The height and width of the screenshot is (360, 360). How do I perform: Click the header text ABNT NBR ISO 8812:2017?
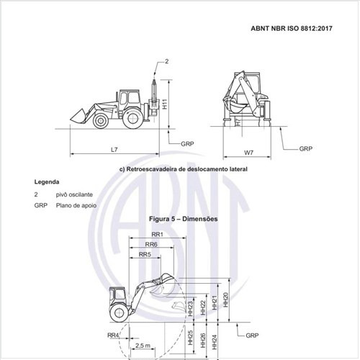click(x=292, y=28)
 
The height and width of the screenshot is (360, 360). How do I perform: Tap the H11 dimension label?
click(x=165, y=104)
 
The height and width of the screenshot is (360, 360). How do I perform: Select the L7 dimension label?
click(x=114, y=150)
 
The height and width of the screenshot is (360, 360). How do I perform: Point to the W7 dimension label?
click(x=248, y=153)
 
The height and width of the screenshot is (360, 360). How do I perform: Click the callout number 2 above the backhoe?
click(x=167, y=61)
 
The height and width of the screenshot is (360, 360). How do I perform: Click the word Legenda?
click(x=47, y=182)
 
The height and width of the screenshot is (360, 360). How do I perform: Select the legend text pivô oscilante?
click(x=74, y=194)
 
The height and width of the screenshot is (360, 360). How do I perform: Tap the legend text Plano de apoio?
click(x=76, y=205)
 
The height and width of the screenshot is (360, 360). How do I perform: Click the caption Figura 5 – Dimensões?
click(x=184, y=219)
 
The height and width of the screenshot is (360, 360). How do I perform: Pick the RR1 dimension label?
click(x=157, y=234)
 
